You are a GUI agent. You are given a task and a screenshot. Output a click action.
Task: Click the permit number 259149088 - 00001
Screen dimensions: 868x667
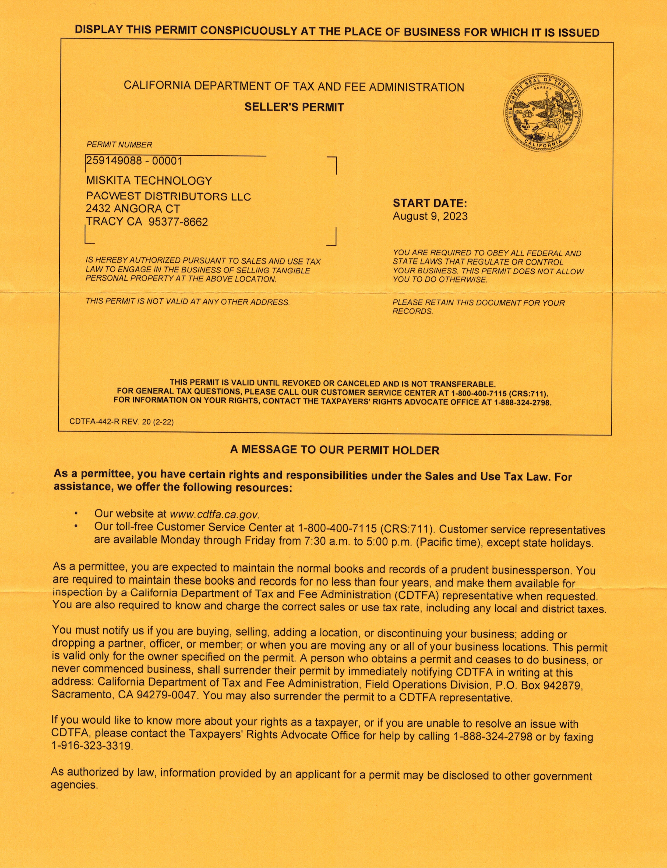(x=134, y=161)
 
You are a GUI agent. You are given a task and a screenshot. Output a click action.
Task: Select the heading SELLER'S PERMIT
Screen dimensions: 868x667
(x=294, y=107)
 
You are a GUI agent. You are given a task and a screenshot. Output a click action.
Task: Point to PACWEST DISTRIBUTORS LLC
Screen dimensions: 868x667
(x=168, y=197)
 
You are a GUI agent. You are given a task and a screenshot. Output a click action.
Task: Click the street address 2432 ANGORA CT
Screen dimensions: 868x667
(x=133, y=209)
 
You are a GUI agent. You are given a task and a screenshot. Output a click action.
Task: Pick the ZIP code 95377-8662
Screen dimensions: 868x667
(x=178, y=222)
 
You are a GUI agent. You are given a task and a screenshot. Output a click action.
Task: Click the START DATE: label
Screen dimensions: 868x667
(x=430, y=203)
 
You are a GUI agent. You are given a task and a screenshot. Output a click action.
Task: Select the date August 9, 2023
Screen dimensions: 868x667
(x=430, y=216)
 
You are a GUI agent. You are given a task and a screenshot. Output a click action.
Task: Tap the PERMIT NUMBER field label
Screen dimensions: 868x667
(x=119, y=145)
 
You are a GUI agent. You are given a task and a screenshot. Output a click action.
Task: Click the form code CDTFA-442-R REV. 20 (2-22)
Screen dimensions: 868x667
(x=122, y=422)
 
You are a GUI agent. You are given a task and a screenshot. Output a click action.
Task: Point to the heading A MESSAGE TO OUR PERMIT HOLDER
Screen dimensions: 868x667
(x=335, y=450)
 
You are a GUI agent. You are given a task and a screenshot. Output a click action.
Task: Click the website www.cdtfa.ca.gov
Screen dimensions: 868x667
(x=214, y=514)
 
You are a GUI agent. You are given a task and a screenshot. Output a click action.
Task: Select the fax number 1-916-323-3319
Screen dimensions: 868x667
(x=91, y=746)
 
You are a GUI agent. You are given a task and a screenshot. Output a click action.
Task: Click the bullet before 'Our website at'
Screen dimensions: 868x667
(x=76, y=514)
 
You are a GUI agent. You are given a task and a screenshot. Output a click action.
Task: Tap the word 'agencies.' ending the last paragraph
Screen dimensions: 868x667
(x=74, y=785)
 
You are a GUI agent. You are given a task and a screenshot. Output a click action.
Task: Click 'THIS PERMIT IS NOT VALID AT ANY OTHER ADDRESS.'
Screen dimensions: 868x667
(x=187, y=302)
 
